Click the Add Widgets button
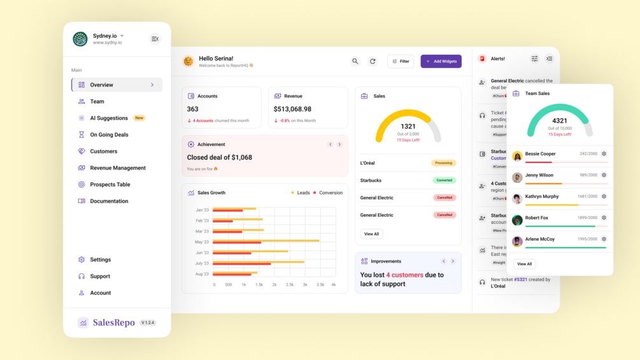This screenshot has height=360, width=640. [441, 61]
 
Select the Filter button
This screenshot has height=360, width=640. [401, 61]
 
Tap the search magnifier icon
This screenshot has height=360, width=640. [355, 61]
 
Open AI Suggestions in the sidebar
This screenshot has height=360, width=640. [109, 118]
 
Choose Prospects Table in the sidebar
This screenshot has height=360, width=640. [110, 184]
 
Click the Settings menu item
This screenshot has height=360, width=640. [100, 259]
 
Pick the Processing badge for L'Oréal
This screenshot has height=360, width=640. [443, 163]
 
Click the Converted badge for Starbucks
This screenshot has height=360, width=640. [443, 180]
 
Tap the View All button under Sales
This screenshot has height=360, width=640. [371, 234]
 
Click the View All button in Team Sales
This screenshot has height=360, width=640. [524, 264]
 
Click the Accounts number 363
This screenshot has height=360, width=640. [192, 109]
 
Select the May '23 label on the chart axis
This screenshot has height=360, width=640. [201, 242]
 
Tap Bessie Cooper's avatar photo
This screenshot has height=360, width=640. [517, 156]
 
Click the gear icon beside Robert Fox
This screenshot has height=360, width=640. [604, 218]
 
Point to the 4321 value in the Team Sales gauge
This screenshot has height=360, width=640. [560, 120]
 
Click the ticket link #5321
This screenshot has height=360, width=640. [520, 280]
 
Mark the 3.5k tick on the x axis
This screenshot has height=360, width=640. [320, 285]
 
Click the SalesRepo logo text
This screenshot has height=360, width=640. [113, 322]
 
